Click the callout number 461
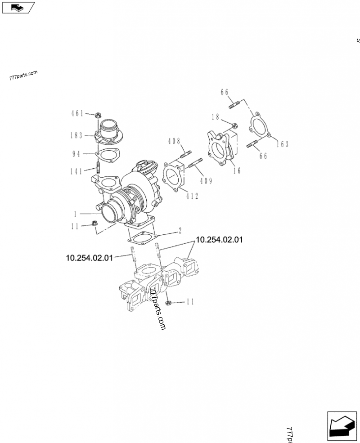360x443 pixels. coord(77,114)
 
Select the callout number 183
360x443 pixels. coord(77,135)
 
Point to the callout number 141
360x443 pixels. coord(77,171)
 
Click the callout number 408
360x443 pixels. coord(174,141)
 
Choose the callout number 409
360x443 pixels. coord(206,181)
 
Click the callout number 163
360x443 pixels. coord(282,144)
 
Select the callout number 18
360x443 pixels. coord(215,117)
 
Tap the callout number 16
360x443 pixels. coord(237,170)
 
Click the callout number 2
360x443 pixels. coord(180,231)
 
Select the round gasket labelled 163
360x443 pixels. coord(260,126)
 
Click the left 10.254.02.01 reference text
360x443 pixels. coord(89,258)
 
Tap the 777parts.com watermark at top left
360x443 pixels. coord(23,75)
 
